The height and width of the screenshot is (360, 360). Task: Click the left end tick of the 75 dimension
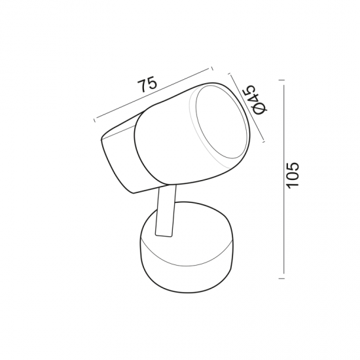pyautogui.click(x=96, y=120)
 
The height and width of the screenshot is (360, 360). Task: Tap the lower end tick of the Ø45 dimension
pyautogui.click(x=262, y=139)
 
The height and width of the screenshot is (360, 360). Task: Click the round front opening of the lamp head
pyautogui.click(x=221, y=124)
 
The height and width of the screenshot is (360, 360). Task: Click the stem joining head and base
pyautogui.click(x=166, y=213)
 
